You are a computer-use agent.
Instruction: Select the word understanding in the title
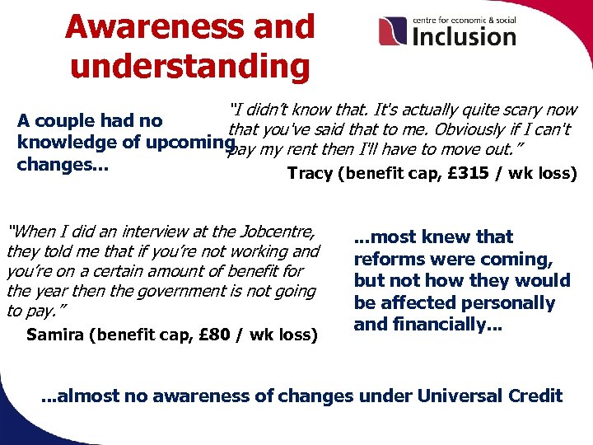point(190,66)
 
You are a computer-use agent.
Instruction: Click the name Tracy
point(311,174)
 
